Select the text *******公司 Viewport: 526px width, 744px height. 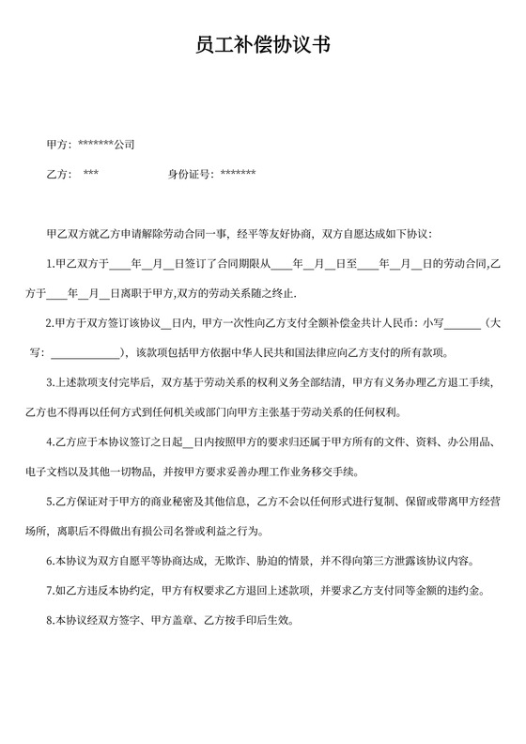(106, 146)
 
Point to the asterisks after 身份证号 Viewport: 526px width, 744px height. (238, 174)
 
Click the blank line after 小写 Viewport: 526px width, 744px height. (461, 324)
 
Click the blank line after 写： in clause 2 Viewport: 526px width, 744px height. (85, 354)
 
